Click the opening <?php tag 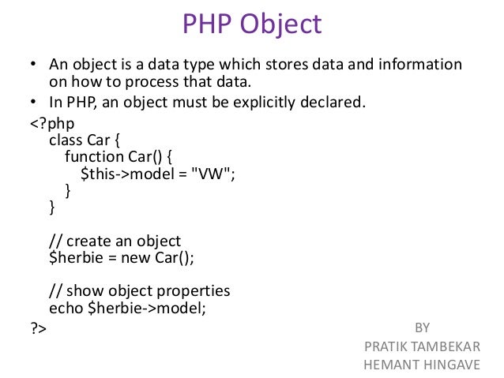(50, 124)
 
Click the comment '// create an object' (115, 241)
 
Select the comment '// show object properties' (139, 290)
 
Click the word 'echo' (65, 307)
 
